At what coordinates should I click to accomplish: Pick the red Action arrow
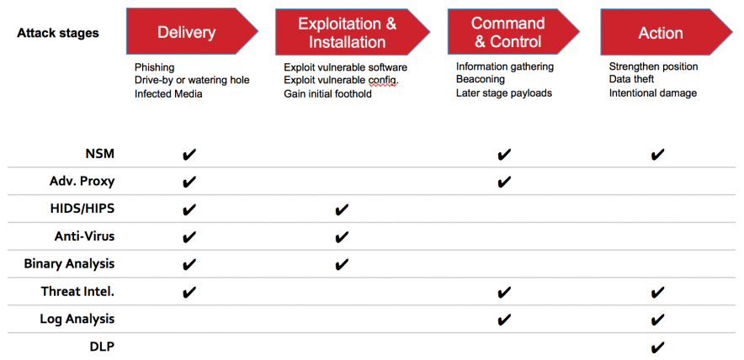tap(662, 33)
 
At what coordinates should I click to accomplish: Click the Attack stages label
tap(57, 33)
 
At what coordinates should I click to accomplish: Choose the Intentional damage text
tap(653, 93)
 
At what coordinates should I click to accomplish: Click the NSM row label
tap(99, 154)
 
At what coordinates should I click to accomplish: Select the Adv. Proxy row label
tap(82, 181)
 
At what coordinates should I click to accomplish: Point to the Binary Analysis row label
tap(69, 263)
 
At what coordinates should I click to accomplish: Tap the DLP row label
tap(102, 346)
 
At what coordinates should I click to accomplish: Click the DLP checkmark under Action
tap(658, 347)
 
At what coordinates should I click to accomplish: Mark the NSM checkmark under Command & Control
tap(504, 155)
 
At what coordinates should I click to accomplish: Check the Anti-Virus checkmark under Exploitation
tap(342, 237)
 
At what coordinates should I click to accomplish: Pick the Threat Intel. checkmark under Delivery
tap(189, 292)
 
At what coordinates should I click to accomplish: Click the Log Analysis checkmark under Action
tap(658, 320)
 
